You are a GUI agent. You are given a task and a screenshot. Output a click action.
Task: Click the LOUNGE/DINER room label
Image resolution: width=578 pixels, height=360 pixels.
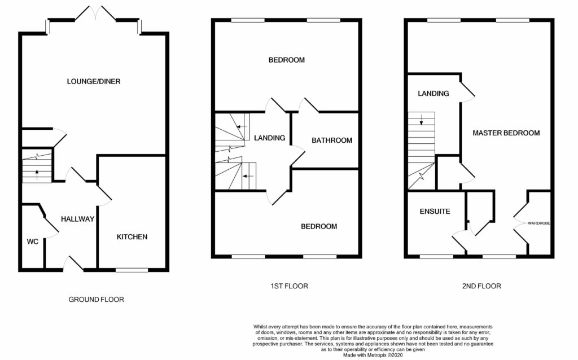94,81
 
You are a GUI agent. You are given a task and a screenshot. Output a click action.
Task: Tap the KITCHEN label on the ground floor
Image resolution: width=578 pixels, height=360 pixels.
132,237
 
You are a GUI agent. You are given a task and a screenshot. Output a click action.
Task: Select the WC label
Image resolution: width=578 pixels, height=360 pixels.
32,242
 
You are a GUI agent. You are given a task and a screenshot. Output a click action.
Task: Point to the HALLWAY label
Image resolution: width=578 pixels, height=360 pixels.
77,219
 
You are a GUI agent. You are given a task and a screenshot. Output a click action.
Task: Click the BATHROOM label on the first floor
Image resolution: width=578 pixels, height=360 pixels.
332,141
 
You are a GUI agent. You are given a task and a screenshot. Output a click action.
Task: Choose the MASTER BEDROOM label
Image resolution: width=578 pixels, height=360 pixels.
506,133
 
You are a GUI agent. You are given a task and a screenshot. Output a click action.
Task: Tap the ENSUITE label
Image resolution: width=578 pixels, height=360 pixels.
435,212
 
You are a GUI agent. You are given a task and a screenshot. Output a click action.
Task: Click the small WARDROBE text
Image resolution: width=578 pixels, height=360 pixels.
539,224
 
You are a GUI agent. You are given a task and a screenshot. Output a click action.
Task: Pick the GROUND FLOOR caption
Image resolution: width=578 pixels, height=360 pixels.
96,300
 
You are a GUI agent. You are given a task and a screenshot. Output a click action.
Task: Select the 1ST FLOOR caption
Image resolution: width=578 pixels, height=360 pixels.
288,286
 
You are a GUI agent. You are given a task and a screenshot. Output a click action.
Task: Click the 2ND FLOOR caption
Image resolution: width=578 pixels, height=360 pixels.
481,286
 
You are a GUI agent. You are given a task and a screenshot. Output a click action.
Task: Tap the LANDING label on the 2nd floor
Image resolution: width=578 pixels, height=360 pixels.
433,94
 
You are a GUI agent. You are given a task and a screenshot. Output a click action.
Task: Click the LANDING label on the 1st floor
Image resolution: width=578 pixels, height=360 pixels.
269,138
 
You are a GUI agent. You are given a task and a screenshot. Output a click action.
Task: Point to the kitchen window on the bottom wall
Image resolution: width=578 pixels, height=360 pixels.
132,270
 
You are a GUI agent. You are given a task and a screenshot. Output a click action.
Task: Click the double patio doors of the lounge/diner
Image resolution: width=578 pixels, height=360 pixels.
94,14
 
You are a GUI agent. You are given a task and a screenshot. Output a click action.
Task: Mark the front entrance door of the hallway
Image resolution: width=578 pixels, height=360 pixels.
73,263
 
